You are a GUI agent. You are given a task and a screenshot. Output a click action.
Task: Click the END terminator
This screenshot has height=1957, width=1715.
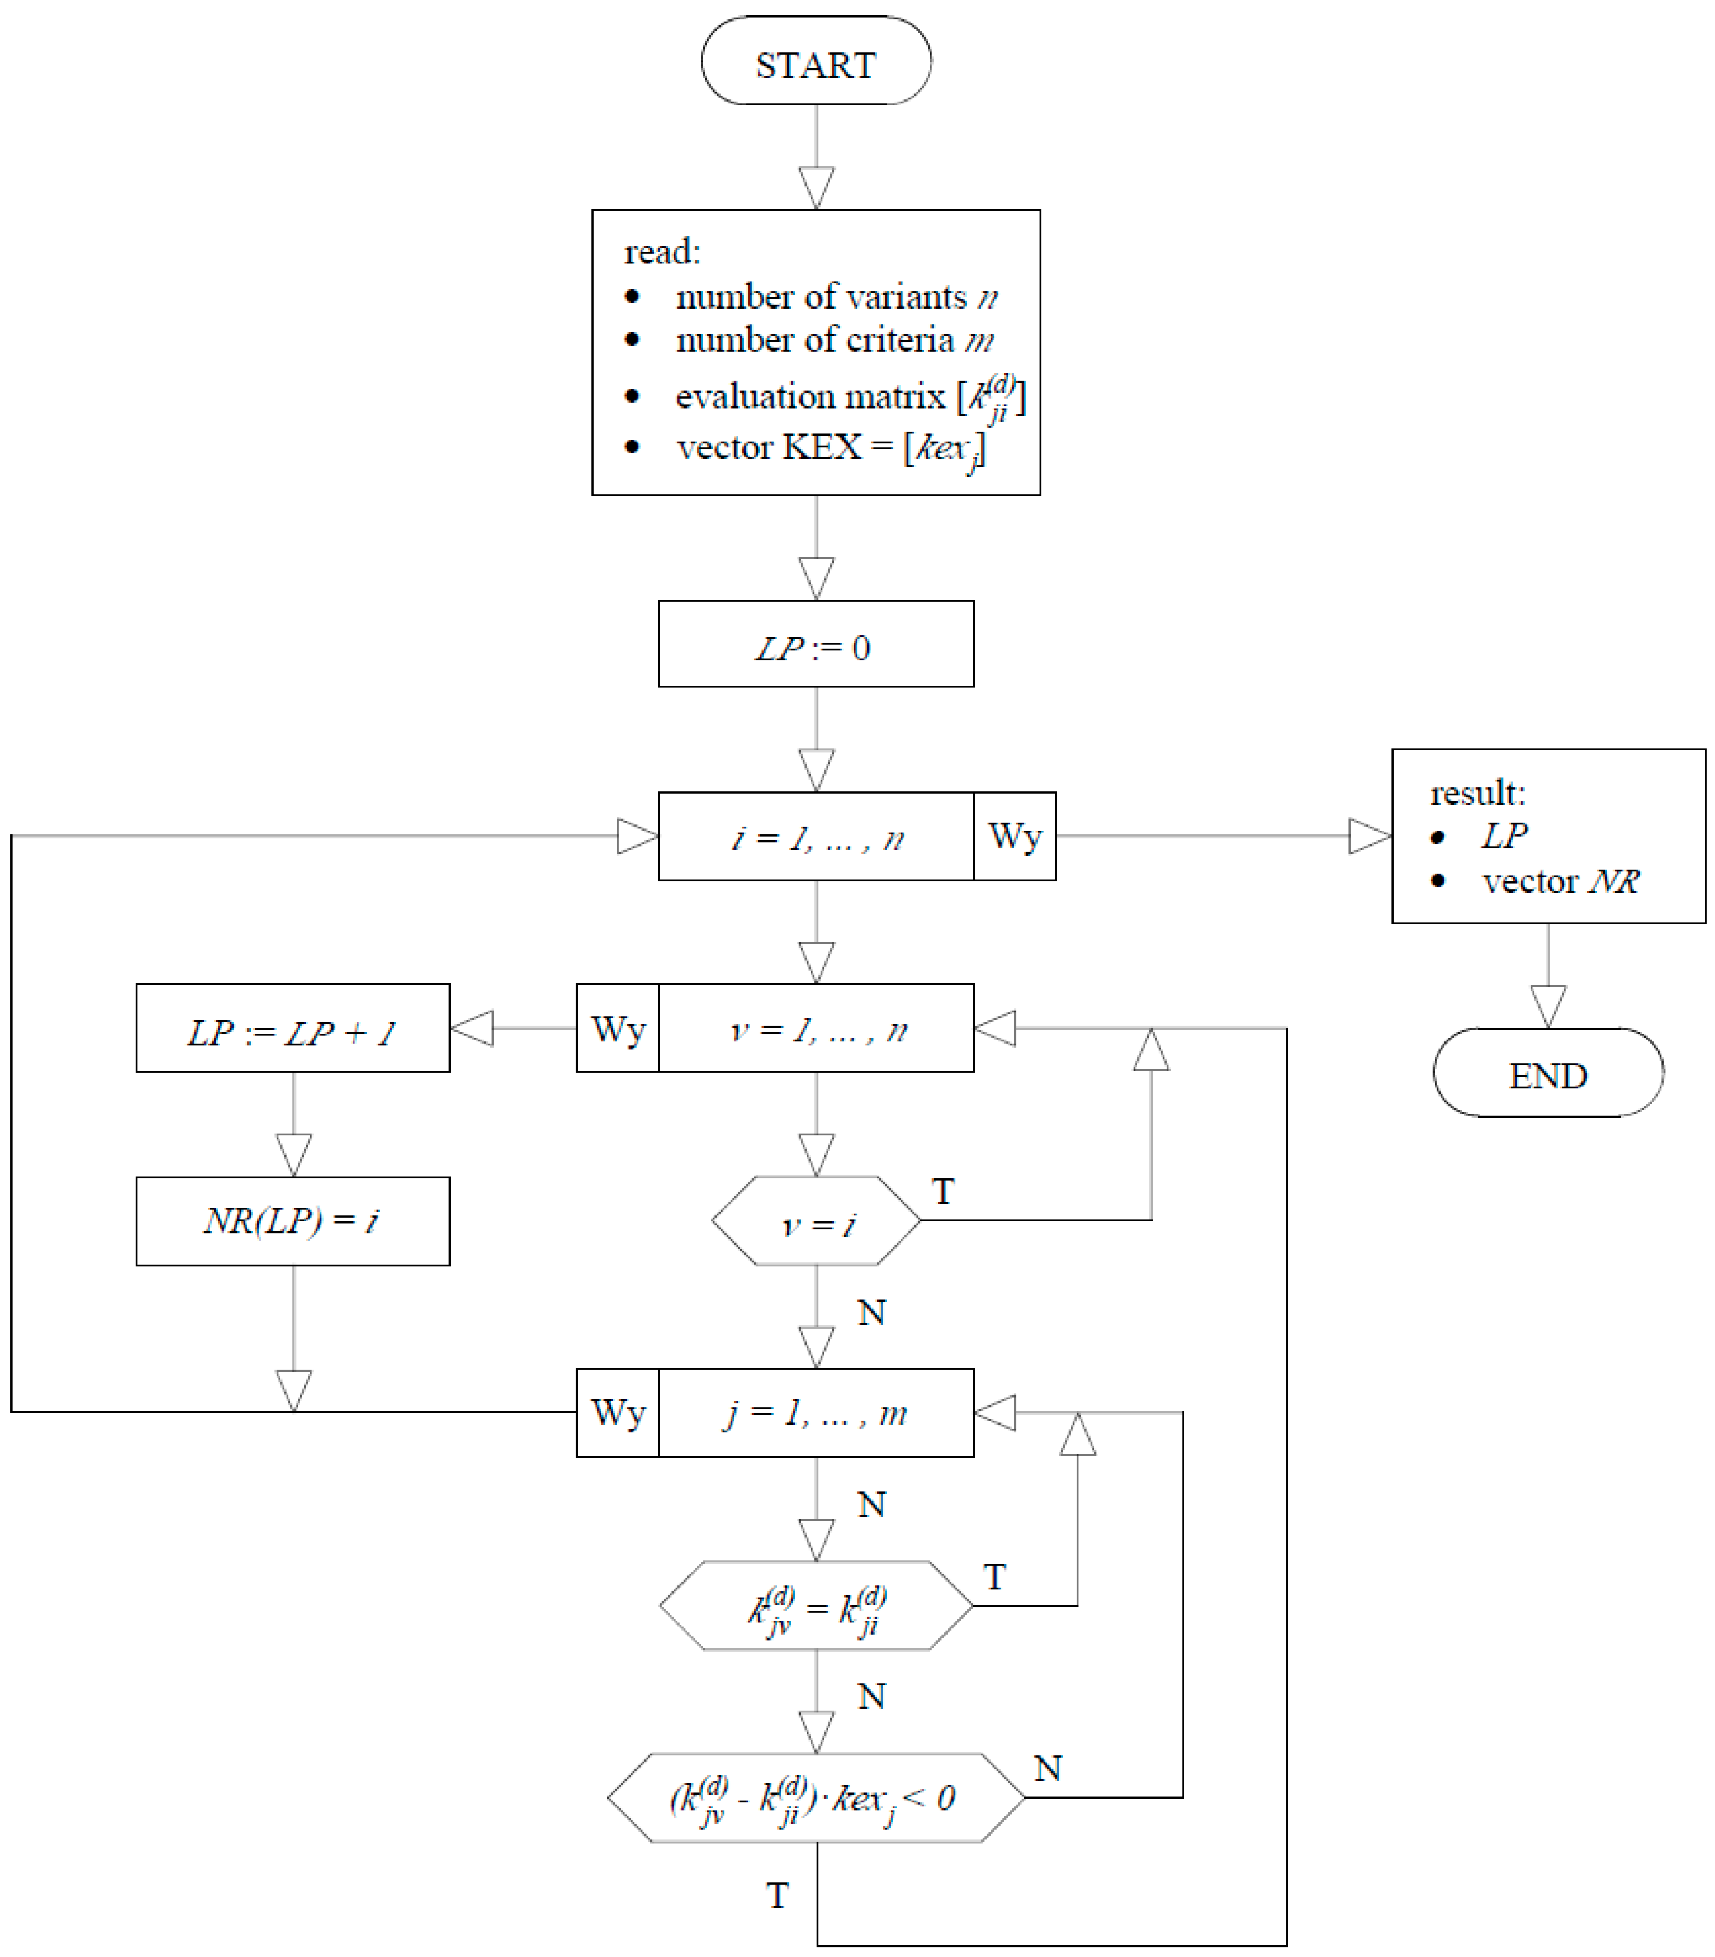click(x=1548, y=1073)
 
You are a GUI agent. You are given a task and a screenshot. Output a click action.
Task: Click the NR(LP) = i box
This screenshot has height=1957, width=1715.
click(x=292, y=1221)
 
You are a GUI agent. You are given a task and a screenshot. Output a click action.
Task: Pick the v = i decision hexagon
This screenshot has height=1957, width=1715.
click(x=816, y=1221)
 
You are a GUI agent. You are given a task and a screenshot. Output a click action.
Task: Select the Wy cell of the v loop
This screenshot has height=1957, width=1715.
click(x=617, y=1029)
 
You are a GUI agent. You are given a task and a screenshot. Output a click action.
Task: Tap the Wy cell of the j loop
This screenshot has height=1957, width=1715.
click(x=617, y=1413)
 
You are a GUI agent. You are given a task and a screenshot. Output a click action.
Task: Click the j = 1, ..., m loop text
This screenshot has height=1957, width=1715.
click(x=816, y=1413)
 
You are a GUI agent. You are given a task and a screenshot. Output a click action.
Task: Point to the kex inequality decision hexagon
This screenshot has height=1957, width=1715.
click(x=816, y=1797)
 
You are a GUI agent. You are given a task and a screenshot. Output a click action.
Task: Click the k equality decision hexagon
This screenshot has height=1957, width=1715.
click(x=816, y=1606)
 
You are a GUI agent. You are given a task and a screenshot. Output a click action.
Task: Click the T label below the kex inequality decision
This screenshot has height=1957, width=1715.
click(x=777, y=1895)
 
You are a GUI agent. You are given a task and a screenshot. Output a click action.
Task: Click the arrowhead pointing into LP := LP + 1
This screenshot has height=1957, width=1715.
click(x=472, y=1029)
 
